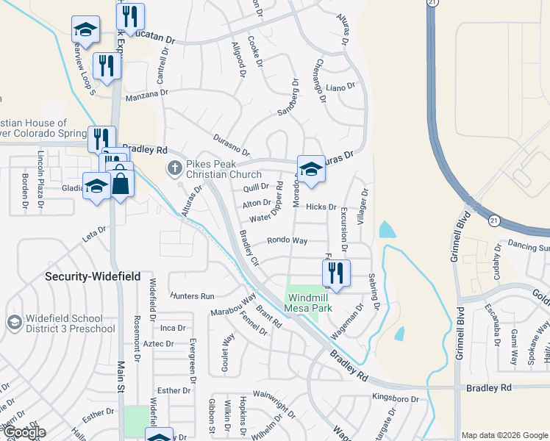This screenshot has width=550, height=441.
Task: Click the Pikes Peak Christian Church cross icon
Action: click(x=175, y=168)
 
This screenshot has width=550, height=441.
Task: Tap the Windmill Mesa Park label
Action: click(x=309, y=303)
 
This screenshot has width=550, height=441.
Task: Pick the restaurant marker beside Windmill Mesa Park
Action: click(x=336, y=274)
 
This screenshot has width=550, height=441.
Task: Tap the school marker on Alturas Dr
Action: click(x=311, y=171)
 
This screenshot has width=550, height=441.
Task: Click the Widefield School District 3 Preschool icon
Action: click(x=14, y=322)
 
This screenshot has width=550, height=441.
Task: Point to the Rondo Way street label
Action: click(x=287, y=240)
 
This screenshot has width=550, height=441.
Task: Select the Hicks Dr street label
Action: click(x=321, y=207)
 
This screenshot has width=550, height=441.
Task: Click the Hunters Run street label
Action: click(x=191, y=295)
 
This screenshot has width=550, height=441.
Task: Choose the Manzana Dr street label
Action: click(x=146, y=94)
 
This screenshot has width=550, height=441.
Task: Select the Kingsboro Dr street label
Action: click(x=395, y=400)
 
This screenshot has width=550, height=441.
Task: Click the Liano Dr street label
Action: click(x=340, y=87)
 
